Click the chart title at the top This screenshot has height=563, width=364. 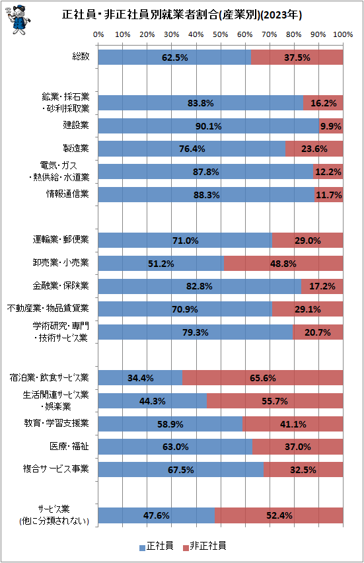182,15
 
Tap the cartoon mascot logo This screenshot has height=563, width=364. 18,20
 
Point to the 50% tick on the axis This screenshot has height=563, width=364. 221,34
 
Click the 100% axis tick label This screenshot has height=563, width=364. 343,34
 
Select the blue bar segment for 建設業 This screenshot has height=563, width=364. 209,126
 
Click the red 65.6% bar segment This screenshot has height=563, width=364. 263,378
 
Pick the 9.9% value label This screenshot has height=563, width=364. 330,126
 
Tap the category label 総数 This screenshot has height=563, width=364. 81,56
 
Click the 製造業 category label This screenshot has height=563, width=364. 76,148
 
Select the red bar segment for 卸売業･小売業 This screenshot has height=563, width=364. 283,264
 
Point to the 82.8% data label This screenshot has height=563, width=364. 200,287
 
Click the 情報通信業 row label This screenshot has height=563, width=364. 67,194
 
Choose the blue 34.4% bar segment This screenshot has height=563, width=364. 140,378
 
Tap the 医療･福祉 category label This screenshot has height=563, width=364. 69,446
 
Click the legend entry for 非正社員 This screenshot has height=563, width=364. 204,546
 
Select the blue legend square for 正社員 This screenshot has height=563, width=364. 143,548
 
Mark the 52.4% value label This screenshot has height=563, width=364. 279,515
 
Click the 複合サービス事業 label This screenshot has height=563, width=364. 55,469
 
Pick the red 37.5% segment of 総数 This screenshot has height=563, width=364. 297,57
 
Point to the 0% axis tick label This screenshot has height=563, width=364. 98,34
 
